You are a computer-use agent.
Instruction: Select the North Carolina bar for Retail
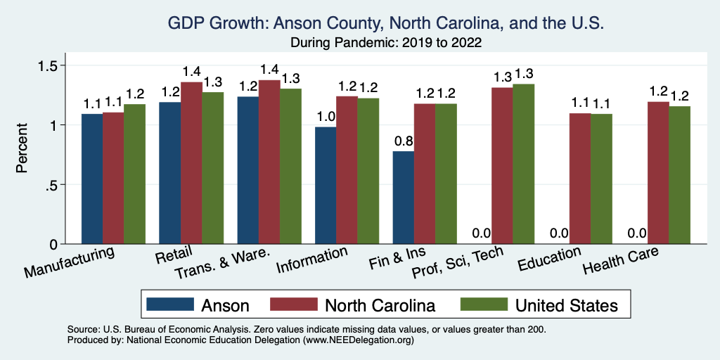tap(191, 163)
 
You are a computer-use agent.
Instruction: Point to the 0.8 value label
tap(403, 141)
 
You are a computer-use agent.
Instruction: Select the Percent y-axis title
tap(22, 149)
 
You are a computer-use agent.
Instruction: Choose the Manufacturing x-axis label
tap(69, 262)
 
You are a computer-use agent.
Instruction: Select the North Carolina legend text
tap(380, 305)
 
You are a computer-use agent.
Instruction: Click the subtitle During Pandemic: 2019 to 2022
tap(386, 42)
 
